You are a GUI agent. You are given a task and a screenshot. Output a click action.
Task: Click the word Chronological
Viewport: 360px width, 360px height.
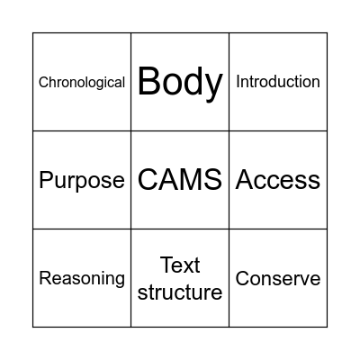coord(82,83)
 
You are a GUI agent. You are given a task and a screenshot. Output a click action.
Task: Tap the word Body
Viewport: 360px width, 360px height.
coord(180,82)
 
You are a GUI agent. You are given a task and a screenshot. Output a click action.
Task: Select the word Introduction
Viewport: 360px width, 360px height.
coord(278,82)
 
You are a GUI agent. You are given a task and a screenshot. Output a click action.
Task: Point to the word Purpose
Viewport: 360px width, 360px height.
coord(82,181)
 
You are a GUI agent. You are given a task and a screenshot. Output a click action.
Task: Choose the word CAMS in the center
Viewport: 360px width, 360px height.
coord(180,180)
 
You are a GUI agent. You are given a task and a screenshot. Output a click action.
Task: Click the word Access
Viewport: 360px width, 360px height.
coord(278,180)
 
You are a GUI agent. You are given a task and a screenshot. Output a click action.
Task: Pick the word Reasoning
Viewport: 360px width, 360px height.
coord(82,279)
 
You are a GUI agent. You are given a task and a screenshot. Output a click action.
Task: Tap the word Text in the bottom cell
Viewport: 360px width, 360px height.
coord(180,265)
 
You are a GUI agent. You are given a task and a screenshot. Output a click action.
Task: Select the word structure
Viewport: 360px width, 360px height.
coord(180,292)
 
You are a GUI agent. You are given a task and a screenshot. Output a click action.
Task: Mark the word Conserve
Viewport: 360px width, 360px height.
coord(278,279)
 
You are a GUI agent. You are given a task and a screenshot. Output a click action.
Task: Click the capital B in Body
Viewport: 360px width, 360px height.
coord(149,82)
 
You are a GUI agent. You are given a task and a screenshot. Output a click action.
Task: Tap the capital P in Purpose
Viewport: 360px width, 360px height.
coord(46,180)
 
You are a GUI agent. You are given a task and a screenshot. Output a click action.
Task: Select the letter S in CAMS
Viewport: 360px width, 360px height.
coord(212,180)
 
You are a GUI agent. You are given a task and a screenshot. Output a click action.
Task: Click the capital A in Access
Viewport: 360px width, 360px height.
coord(245,180)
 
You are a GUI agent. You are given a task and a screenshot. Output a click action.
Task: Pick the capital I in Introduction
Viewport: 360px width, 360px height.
coord(238,82)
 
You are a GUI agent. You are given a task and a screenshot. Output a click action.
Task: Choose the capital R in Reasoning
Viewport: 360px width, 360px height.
coord(45,279)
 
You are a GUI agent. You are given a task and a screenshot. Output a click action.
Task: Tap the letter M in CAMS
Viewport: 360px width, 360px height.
coord(192,180)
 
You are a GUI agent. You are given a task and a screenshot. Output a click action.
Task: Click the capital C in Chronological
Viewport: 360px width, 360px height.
coord(43,83)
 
